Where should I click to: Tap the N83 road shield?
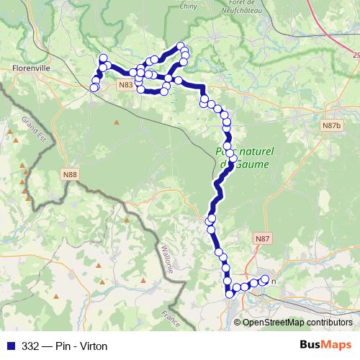[x=125, y=85]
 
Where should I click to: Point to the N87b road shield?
[x=331, y=125]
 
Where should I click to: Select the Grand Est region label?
[x=32, y=130]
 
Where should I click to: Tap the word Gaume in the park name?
[x=252, y=164]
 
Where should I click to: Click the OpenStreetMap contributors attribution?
[x=297, y=322]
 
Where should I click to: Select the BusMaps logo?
[x=326, y=346]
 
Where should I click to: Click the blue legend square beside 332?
[x=11, y=346]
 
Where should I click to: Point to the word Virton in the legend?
[x=92, y=346]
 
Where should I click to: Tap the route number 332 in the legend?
[x=31, y=346]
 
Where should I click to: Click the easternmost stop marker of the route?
[x=264, y=279]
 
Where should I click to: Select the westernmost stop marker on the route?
[x=93, y=88]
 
